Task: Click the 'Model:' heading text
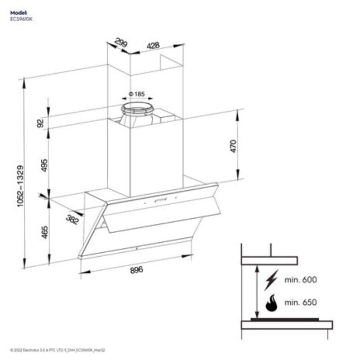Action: pos(18,12)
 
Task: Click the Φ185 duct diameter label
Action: pos(136,94)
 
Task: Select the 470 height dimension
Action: pos(233,146)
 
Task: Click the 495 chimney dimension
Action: pos(44,165)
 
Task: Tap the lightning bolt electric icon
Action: pos(272,279)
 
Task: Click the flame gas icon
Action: pos(272,303)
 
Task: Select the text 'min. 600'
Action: pos(300,279)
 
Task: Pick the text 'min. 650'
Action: pos(300,303)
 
